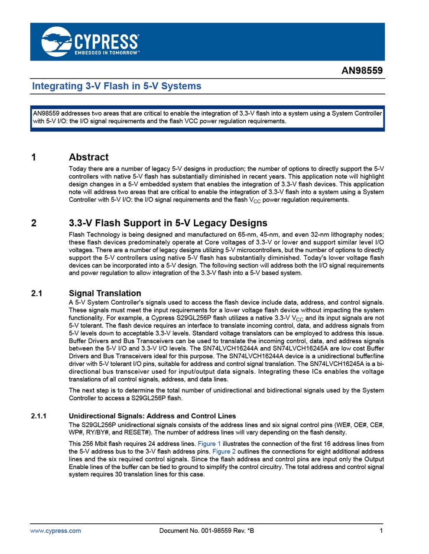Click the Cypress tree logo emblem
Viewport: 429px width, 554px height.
56,42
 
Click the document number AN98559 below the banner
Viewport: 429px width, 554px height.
362,71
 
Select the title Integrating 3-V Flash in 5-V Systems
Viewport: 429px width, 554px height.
117,86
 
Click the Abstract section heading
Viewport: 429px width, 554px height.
88,157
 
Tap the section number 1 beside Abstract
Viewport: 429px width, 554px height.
34,157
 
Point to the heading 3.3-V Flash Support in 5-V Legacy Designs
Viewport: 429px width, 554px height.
168,223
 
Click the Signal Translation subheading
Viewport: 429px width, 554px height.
105,293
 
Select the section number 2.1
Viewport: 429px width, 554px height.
36,293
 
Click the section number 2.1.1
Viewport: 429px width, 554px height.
39,416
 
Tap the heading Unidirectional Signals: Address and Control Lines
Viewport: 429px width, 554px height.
152,416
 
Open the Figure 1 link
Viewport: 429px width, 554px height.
209,444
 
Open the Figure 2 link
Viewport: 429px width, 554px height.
224,451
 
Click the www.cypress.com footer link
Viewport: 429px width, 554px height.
55,531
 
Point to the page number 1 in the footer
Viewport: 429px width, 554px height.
381,531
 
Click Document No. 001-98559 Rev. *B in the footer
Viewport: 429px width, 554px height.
207,531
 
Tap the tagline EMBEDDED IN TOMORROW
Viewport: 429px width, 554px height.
107,53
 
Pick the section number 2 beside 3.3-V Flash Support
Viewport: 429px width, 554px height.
34,223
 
